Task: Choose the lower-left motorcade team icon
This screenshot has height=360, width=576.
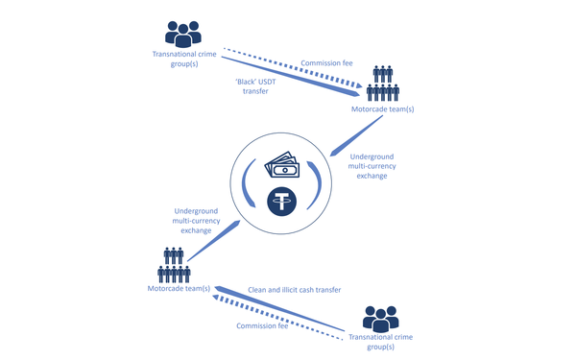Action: pos(174,265)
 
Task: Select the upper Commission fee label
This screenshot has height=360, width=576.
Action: pos(326,63)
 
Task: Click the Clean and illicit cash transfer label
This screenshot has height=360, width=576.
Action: pos(295,289)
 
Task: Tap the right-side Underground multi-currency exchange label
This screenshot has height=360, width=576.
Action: pos(369,165)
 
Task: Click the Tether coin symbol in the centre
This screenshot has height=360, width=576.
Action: pos(280,202)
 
